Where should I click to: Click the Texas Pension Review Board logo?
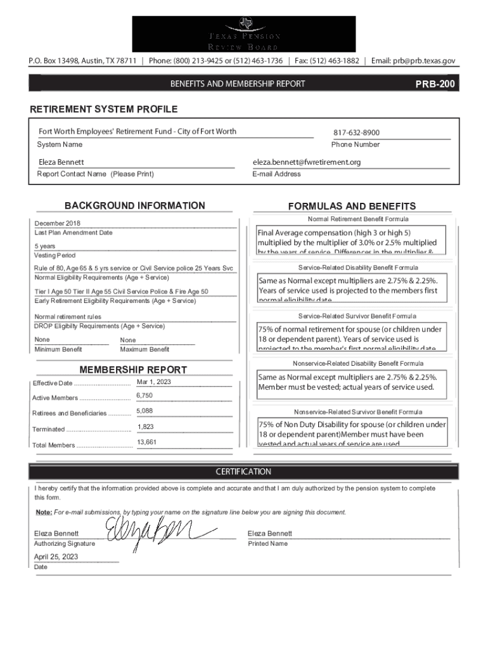point(243,34)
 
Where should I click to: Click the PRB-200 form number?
point(435,84)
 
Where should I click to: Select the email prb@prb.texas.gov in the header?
point(413,61)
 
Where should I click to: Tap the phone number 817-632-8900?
point(356,133)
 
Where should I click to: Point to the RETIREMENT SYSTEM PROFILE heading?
point(104,110)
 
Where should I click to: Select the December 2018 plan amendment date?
point(57,224)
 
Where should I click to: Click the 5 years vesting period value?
point(44,246)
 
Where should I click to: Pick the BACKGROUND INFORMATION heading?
point(135,205)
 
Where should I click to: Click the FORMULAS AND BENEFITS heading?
point(352,206)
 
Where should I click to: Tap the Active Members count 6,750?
point(144,396)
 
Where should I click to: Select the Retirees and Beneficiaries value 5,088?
point(144,411)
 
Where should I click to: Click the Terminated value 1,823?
point(145,427)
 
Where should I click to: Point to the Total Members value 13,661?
point(146,442)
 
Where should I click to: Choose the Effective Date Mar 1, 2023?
point(153,382)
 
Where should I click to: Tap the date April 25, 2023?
point(56,557)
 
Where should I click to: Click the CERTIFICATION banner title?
point(243,472)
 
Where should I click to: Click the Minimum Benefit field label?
point(58,349)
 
